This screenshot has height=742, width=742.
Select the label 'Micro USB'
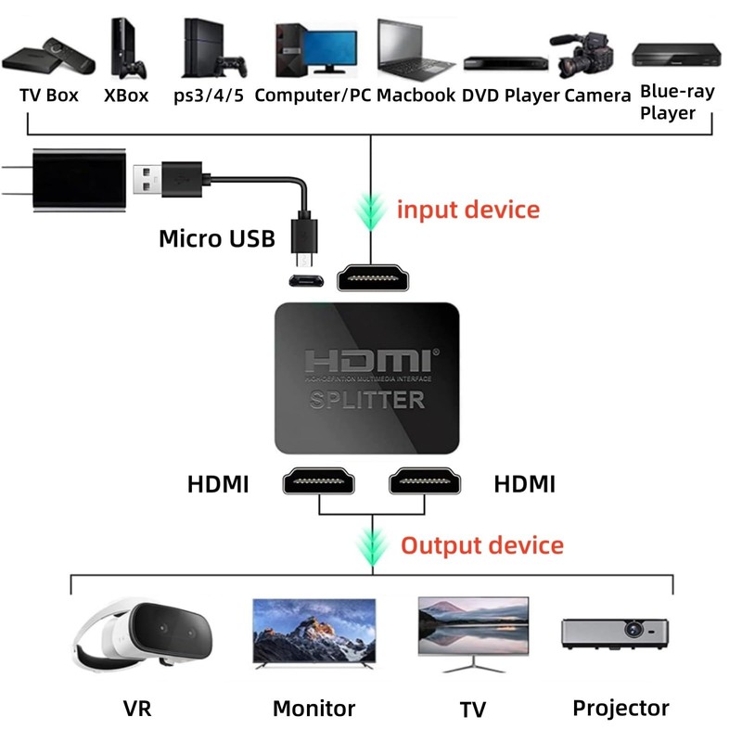(217, 238)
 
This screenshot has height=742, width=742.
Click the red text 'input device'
(467, 209)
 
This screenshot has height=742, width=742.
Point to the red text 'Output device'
(481, 544)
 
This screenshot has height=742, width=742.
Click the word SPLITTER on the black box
(367, 400)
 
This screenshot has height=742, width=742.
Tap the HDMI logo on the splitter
(367, 363)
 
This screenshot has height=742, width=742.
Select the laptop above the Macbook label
(415, 49)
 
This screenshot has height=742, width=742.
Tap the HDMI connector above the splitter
(373, 277)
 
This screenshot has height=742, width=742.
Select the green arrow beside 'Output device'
(373, 546)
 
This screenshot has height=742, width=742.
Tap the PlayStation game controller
(234, 67)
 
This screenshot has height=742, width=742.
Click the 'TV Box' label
(49, 95)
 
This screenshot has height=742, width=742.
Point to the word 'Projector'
(620, 708)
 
